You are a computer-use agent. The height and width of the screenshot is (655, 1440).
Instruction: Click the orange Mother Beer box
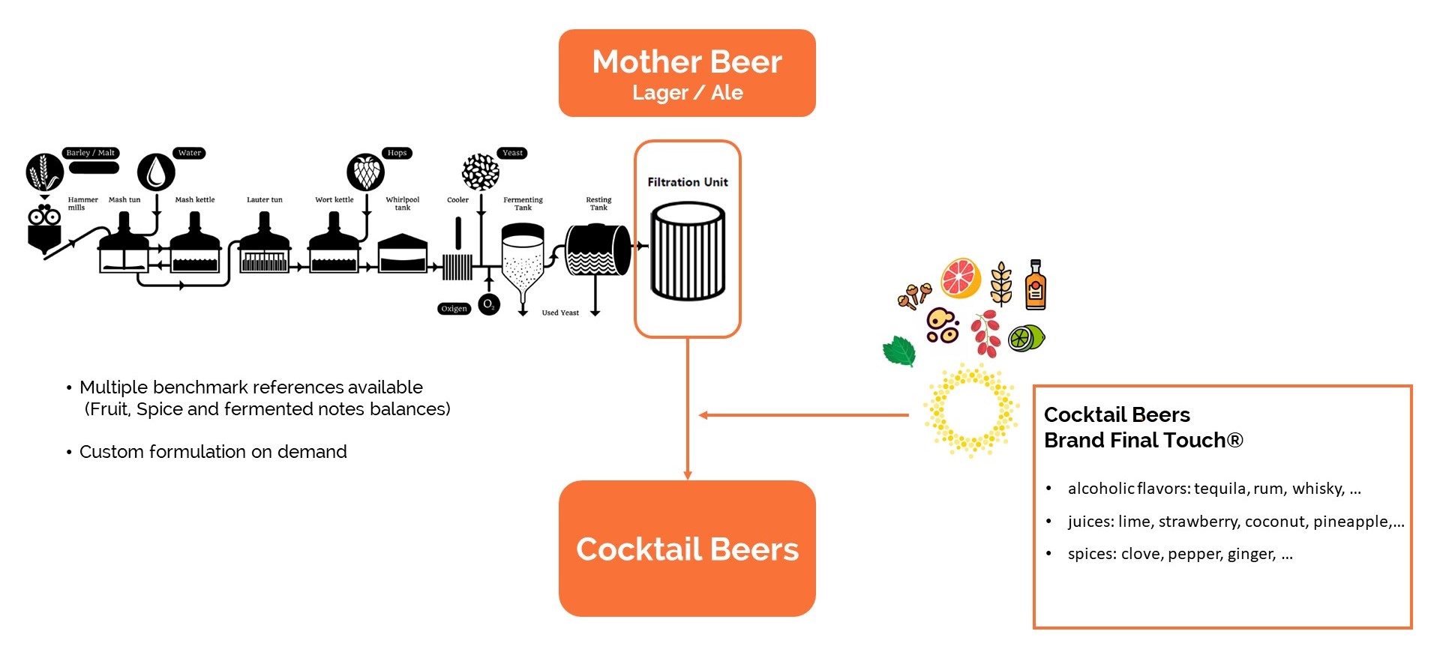[x=687, y=73]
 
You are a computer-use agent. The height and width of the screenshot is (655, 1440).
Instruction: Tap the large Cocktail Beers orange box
[x=687, y=549]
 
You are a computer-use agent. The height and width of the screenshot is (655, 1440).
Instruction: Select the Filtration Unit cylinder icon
[x=688, y=251]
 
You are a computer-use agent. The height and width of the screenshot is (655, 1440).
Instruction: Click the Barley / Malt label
[x=91, y=153]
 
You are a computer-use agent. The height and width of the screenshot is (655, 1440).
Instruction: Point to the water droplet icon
[x=156, y=172]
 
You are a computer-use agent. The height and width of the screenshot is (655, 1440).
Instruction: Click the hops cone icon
[x=366, y=172]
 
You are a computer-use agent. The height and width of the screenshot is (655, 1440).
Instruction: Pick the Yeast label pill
[x=512, y=153]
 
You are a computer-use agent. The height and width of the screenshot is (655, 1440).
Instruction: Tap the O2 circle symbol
[x=489, y=304]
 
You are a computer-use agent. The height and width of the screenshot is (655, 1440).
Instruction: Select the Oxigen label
[x=454, y=308]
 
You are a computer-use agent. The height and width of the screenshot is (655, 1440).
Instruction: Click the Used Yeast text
[x=560, y=313]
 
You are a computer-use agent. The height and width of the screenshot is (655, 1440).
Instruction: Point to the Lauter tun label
[x=265, y=199]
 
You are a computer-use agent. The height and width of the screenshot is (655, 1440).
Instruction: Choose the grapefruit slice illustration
[x=961, y=278]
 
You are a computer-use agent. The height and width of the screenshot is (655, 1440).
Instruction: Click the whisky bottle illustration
[x=1036, y=285]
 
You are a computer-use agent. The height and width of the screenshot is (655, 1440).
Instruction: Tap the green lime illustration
[x=1026, y=338]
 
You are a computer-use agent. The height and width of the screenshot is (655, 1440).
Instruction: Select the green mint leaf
[x=900, y=351]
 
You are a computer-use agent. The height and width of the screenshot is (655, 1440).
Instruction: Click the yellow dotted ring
[x=971, y=411]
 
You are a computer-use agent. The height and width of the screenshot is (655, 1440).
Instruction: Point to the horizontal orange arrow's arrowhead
[x=703, y=415]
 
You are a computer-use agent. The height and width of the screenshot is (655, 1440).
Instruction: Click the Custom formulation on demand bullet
[x=213, y=452]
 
